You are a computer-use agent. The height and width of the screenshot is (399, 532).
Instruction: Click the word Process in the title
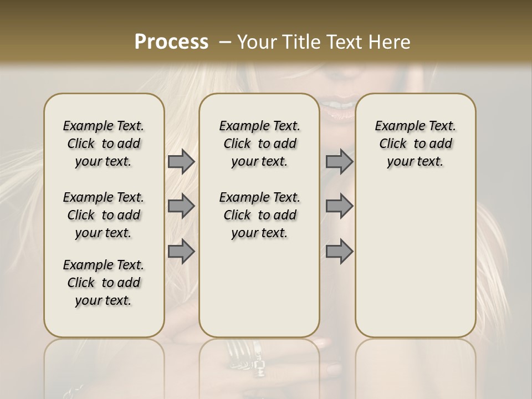pos(171,42)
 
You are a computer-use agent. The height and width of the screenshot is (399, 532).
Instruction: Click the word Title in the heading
pos(299,42)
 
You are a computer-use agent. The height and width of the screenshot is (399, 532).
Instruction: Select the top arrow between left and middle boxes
pos(181,161)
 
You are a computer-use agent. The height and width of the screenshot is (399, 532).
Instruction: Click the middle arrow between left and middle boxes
pos(181,206)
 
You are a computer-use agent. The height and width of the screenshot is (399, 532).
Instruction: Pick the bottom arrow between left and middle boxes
pos(181,251)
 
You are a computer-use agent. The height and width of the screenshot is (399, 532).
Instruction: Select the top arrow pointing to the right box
pos(339,161)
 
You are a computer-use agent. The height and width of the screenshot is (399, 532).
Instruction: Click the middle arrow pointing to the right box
pos(339,206)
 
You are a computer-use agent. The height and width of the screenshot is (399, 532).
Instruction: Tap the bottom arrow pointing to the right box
pos(339,251)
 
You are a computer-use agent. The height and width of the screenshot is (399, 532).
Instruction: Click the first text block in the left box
pos(104,144)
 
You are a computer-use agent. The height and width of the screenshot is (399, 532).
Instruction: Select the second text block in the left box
pos(104,215)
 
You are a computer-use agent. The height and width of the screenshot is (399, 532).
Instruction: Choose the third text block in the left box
pos(104,283)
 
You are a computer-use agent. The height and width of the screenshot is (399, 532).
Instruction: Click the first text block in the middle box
pos(259,144)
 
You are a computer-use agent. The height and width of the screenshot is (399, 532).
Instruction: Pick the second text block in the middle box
pos(259,215)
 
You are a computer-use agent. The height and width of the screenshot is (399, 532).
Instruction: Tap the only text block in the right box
pos(415,144)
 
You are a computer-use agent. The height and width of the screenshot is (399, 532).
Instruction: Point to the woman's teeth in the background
pos(342,105)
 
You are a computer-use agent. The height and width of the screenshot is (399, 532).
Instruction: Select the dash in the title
pos(225,42)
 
